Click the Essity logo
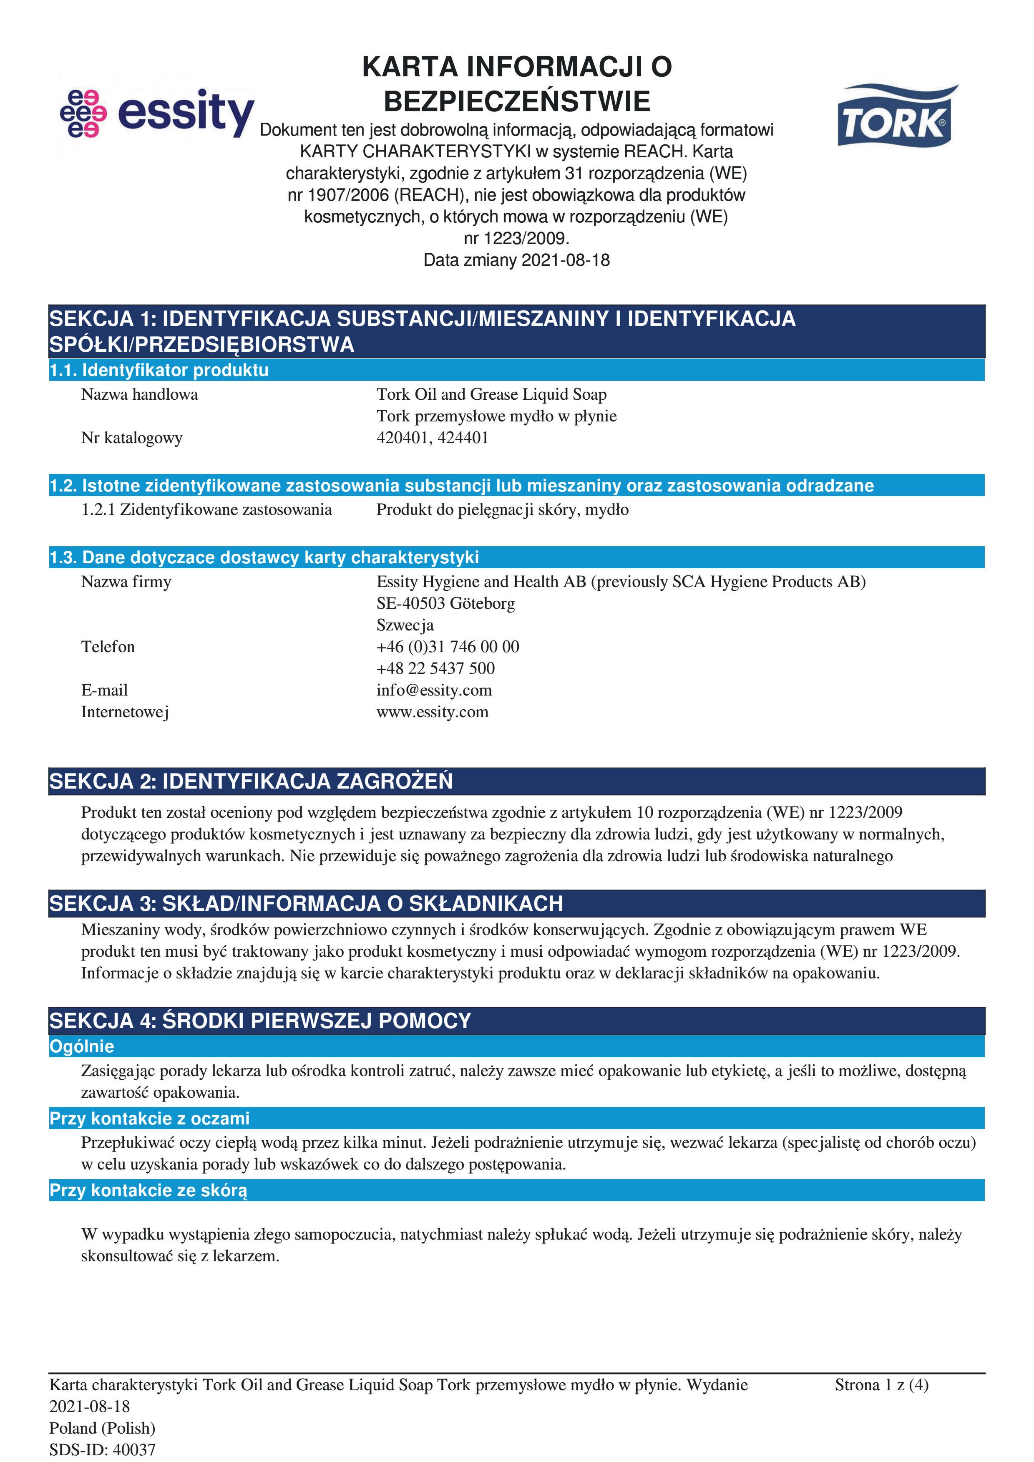[x=157, y=113]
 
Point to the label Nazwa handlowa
[x=139, y=395]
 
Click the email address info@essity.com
[x=434, y=690]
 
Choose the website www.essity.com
[x=432, y=712]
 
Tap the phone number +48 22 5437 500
[x=435, y=668]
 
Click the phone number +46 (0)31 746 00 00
[x=448, y=647]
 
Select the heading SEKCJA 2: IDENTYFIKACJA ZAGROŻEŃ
[x=251, y=781]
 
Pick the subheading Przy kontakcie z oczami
[x=150, y=1118]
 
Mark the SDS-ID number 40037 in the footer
[x=134, y=1450]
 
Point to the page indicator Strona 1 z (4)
[x=881, y=1385]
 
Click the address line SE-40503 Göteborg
[x=446, y=604]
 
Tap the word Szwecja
[x=405, y=625]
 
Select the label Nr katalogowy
[x=132, y=438]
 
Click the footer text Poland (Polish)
[x=103, y=1428]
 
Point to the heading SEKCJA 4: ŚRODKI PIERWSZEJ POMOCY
[x=260, y=1021]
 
